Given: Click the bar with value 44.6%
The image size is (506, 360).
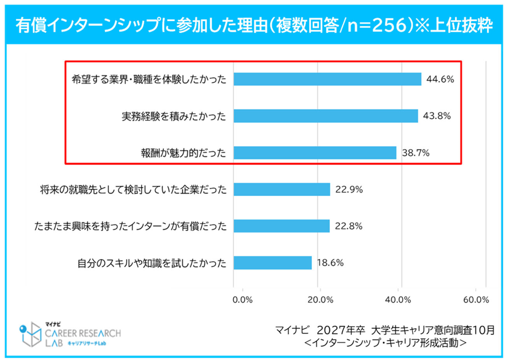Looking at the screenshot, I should [327, 79].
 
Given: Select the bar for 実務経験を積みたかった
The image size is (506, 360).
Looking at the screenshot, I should [326, 116].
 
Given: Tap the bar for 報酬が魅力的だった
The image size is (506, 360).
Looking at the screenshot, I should [315, 153].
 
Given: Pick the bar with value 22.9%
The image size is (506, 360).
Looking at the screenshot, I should [282, 190].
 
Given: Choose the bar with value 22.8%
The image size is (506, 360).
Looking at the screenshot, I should [281, 226].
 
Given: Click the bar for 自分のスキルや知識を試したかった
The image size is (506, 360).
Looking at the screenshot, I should [272, 263].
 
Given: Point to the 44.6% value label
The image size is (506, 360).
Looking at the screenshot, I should [440, 79].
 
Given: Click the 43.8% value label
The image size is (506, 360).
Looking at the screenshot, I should [437, 116].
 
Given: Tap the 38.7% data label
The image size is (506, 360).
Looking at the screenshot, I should [416, 153].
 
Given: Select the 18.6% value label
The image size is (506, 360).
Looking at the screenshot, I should [330, 263].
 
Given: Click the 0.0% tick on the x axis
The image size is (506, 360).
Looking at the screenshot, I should [242, 300].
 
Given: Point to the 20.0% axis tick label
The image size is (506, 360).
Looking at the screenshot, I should [320, 300].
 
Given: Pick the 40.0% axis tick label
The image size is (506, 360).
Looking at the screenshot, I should [398, 300].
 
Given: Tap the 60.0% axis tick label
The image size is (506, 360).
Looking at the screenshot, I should [476, 300].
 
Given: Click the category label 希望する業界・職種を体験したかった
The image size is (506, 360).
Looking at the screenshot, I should [149, 79].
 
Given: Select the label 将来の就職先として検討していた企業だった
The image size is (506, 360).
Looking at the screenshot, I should [133, 190].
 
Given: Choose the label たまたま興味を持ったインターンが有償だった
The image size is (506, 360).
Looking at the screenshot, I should [130, 226].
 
